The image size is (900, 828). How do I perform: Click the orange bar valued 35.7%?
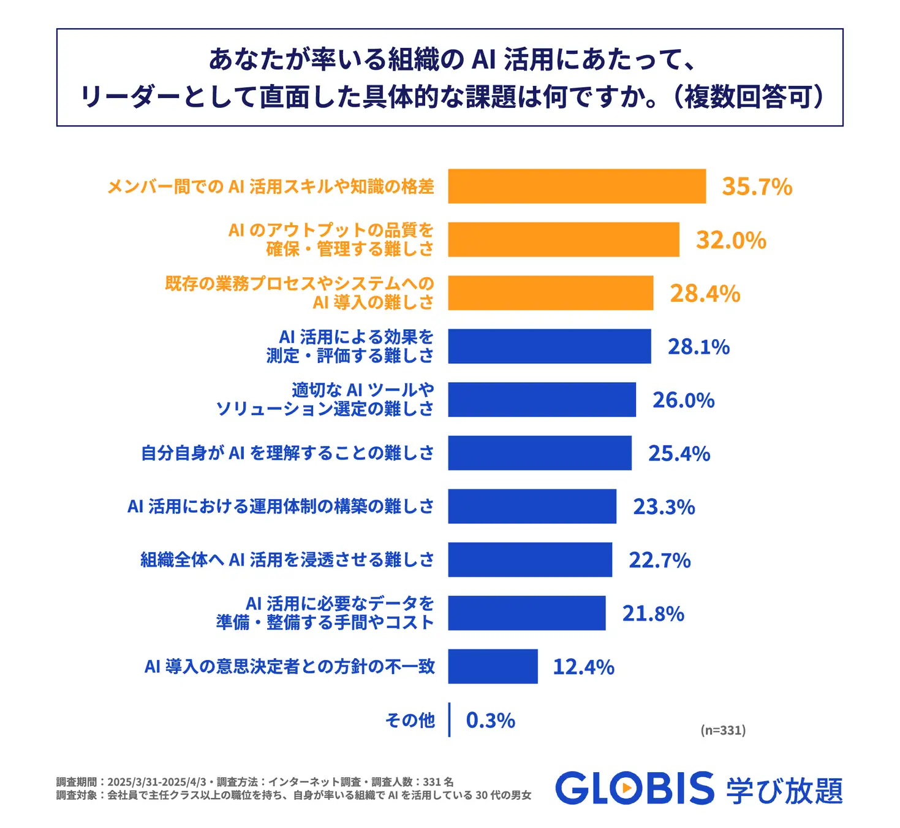[577, 186]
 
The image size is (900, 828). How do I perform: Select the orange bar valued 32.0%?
[564, 239]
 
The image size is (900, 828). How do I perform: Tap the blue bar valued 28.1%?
[549, 346]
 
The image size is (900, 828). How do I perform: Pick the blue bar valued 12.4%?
[493, 666]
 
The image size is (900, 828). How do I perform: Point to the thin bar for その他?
[449, 719]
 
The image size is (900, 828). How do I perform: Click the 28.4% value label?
[705, 293]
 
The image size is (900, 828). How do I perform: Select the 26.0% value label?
[683, 400]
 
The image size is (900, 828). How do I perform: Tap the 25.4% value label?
[679, 453]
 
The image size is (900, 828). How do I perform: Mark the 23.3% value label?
[664, 507]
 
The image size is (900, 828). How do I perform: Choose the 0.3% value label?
[490, 720]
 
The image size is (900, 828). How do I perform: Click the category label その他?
[410, 719]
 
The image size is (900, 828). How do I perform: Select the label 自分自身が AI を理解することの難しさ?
[287, 453]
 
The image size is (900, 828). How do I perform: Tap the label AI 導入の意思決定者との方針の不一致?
[289, 666]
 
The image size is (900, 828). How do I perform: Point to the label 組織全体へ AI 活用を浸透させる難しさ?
[287, 559]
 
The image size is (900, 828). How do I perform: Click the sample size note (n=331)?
[723, 730]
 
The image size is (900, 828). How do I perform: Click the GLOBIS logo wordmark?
[635, 788]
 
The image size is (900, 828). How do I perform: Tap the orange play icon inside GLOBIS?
[626, 788]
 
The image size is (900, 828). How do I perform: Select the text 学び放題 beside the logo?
[785, 790]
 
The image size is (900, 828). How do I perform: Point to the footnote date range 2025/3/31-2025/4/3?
[156, 782]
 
